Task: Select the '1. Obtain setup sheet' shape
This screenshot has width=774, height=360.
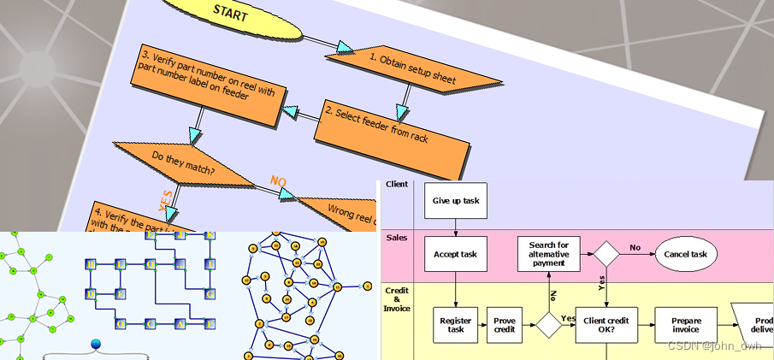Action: [x=414, y=69]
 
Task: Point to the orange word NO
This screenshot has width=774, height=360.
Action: [x=278, y=180]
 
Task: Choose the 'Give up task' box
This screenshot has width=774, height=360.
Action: [x=455, y=200]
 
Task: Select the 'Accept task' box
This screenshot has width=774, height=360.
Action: [x=455, y=254]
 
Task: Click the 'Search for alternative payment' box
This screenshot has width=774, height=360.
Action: [x=548, y=254]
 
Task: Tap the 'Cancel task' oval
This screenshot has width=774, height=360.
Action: [x=686, y=254]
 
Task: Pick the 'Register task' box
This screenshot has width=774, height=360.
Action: [x=455, y=325]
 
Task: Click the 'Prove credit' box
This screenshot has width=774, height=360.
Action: [x=505, y=325]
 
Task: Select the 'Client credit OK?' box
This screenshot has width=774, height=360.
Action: [x=606, y=325]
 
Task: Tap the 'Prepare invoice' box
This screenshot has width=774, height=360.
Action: [x=686, y=325]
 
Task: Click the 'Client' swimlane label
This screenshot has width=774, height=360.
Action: [x=397, y=185]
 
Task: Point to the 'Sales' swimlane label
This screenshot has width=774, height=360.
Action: [x=397, y=237]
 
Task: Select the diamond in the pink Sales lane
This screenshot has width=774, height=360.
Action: [x=606, y=254]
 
